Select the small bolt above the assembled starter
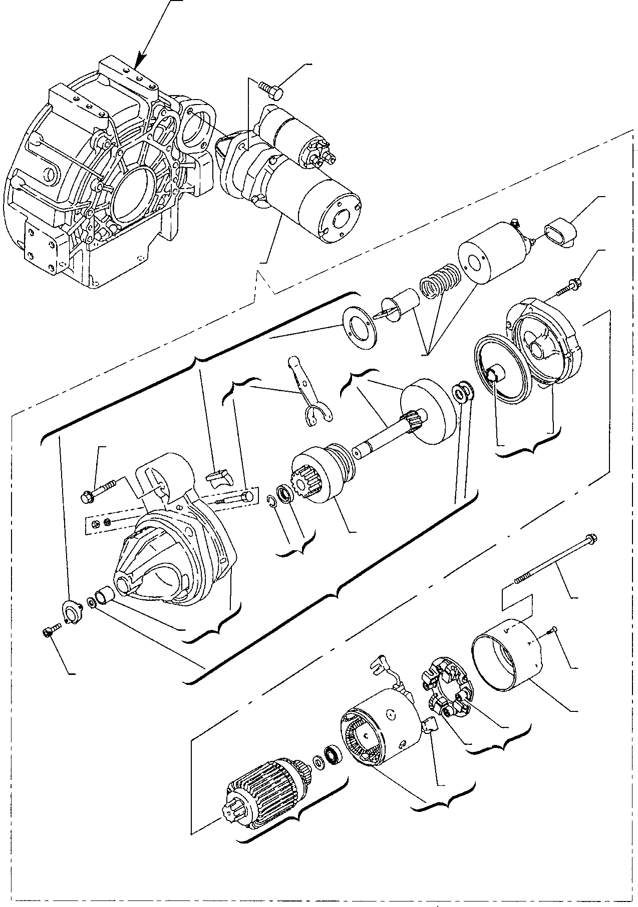pos(271,90)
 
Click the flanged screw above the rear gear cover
pos(569,285)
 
